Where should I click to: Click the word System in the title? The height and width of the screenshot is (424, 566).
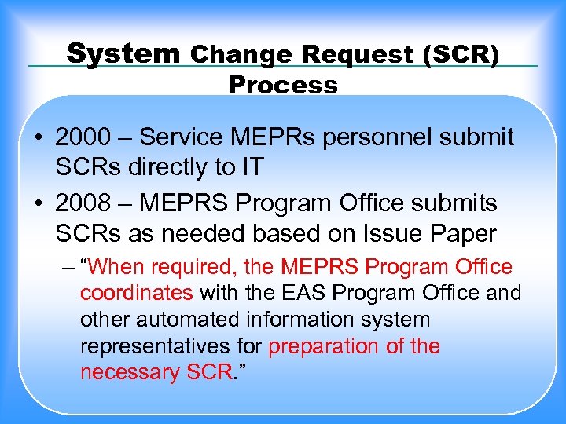[x=123, y=53]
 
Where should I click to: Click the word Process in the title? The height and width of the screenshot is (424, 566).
[x=283, y=84]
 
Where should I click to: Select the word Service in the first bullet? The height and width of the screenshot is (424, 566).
[x=176, y=137]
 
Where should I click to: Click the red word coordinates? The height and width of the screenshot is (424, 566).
[x=136, y=294]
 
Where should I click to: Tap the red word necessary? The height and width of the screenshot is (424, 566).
[x=130, y=372]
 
